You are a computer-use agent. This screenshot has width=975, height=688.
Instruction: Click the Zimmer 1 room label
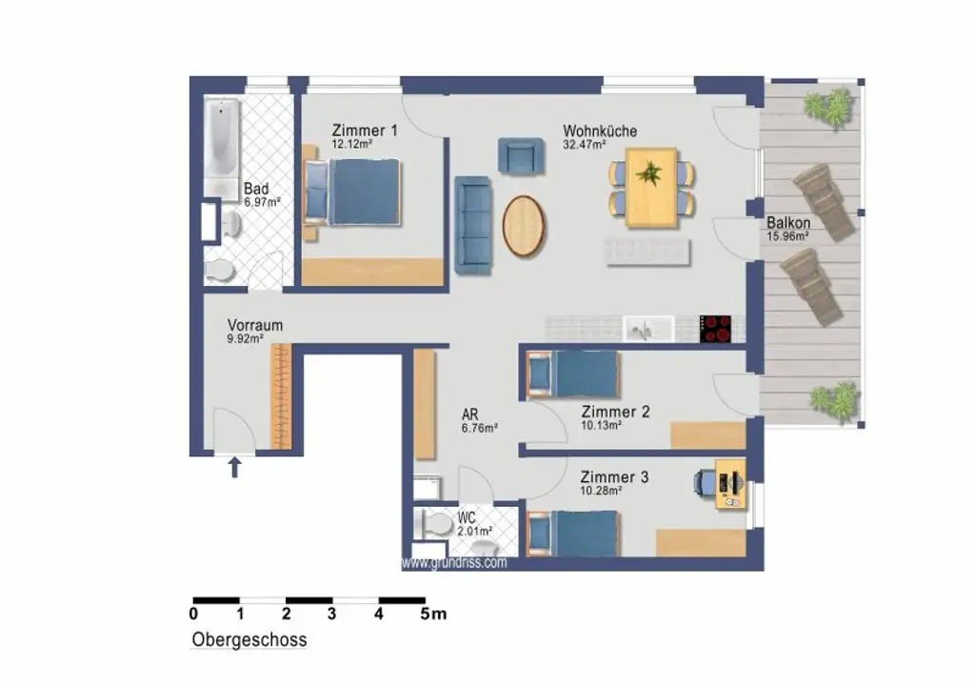click(365, 131)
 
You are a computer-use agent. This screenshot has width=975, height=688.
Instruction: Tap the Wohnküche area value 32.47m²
click(585, 145)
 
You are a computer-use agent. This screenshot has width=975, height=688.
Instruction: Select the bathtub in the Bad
click(221, 147)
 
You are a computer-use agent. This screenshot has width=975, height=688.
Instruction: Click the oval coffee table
click(524, 227)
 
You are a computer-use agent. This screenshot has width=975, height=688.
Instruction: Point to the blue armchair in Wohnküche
click(521, 155)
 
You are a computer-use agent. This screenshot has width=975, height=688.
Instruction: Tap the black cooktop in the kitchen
click(715, 329)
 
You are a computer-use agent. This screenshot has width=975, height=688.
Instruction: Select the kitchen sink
click(647, 329)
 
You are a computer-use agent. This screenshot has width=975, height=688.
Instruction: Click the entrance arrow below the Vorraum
click(234, 467)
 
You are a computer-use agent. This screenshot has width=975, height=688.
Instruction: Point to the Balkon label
click(788, 223)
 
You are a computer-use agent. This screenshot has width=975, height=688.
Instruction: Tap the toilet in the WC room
click(436, 525)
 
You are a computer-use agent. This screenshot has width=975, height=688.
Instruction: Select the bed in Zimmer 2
click(572, 374)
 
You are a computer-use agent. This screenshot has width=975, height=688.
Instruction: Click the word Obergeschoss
click(249, 640)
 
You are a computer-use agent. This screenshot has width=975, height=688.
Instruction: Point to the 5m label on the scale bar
click(433, 614)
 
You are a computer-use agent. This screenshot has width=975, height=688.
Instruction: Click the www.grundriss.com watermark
click(454, 563)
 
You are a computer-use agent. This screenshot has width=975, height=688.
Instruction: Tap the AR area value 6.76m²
click(480, 428)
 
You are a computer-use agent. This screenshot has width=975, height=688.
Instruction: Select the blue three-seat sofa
click(474, 225)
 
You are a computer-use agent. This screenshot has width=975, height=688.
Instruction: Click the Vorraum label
click(255, 325)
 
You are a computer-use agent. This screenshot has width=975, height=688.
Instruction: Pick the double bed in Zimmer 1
click(352, 192)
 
